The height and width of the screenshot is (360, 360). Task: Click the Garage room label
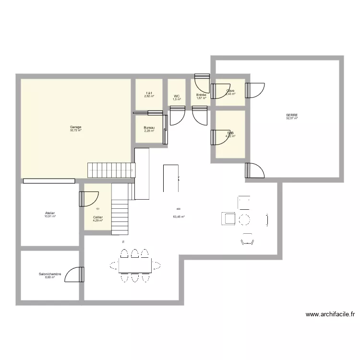pos(75,127)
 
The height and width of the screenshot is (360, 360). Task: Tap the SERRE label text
pos(292,115)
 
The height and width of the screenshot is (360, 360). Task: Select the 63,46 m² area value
pos(179,216)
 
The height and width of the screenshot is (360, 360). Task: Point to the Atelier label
pos(50,213)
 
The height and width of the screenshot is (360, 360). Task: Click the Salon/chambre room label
pos(50,275)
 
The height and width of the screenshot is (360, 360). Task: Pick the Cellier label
pos(98,217)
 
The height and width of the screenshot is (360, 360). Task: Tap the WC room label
pos(177,96)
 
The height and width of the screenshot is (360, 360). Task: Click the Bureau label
pos(149,128)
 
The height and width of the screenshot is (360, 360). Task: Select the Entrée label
pos(201,95)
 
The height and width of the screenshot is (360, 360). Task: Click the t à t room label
pos(149,93)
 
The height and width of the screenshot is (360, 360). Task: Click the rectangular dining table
pos(135,264)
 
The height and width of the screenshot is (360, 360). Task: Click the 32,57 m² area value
pos(292,119)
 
